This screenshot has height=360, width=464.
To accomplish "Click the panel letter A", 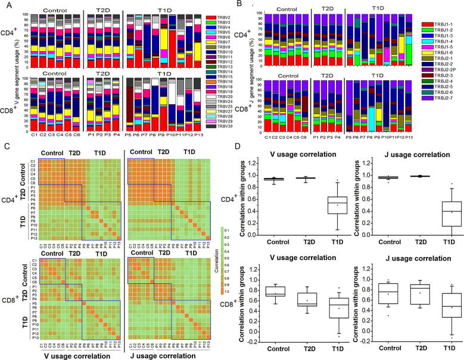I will point(4,5).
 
